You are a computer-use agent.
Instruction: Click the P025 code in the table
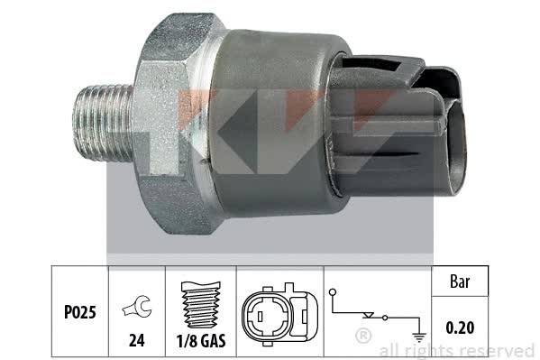[80, 312]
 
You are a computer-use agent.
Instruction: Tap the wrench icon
[137, 307]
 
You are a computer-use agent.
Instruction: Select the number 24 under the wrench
[137, 341]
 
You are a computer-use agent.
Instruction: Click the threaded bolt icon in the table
[201, 305]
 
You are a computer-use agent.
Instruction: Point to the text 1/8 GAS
[201, 341]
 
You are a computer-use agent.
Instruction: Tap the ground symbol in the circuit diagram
[419, 337]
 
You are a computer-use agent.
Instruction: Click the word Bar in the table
[460, 282]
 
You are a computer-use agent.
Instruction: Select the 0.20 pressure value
[460, 328]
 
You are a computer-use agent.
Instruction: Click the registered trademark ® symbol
[363, 336]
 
